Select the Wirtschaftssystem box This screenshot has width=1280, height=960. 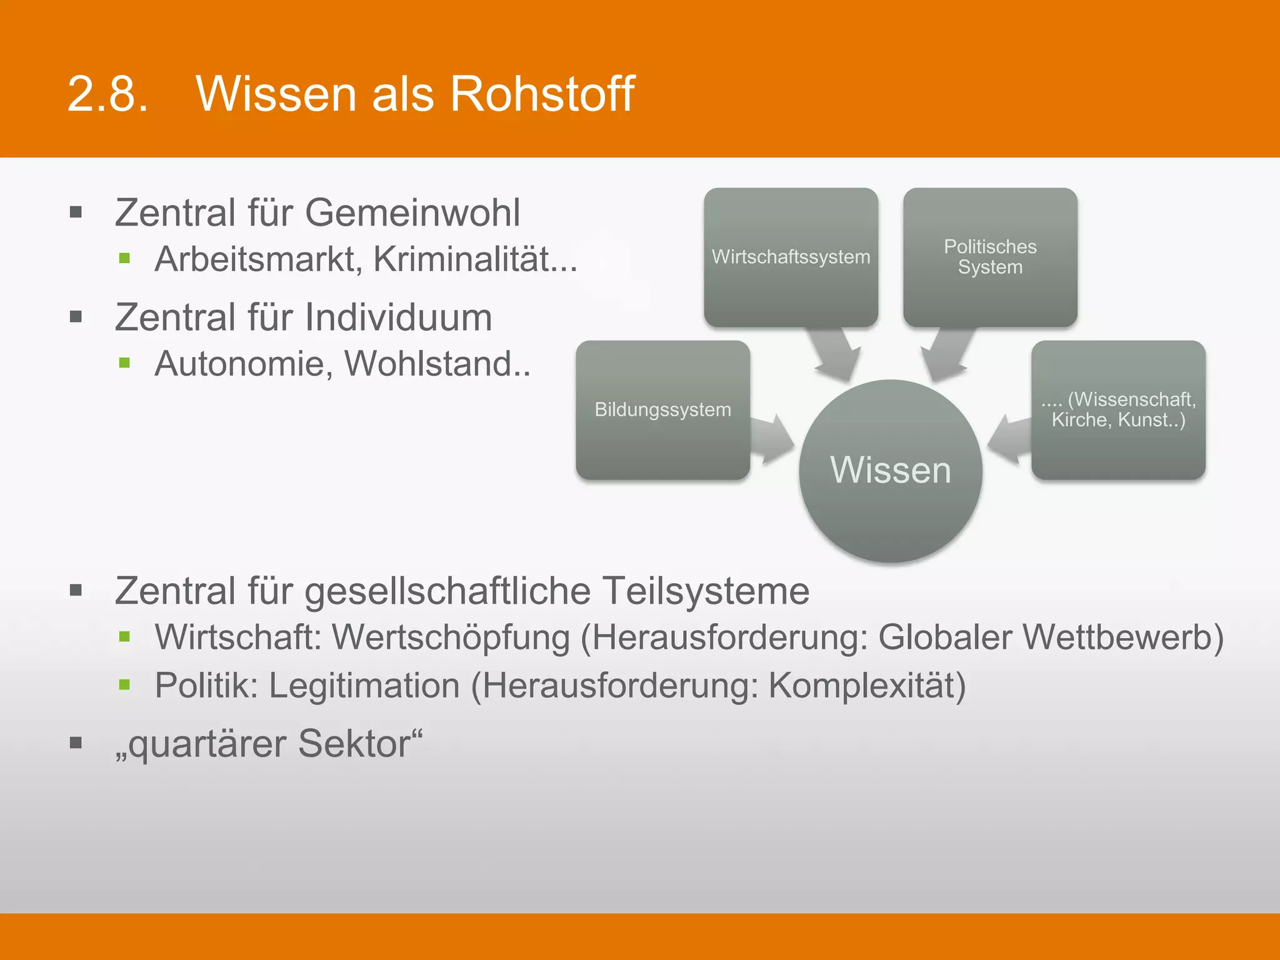[x=791, y=257]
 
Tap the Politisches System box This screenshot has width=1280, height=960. [x=990, y=257]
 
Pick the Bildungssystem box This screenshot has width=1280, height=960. [x=662, y=410]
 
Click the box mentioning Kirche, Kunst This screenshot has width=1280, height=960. [x=1118, y=410]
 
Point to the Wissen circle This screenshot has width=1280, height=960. [x=891, y=471]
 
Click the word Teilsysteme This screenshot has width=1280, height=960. [x=706, y=591]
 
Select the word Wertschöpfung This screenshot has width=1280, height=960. [x=450, y=638]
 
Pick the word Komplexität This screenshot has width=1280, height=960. [x=867, y=686]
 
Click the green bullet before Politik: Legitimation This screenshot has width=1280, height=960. [x=124, y=685]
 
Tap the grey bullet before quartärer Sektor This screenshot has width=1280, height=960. [x=76, y=743]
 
